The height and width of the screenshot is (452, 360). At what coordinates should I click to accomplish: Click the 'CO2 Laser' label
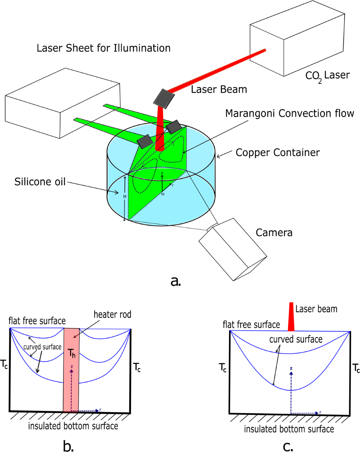pos(327,76)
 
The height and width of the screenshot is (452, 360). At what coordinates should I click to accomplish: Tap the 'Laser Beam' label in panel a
pos(219,89)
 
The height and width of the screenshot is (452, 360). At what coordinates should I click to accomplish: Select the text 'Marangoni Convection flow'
pos(289,114)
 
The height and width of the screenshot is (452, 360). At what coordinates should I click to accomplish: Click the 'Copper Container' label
pos(277,153)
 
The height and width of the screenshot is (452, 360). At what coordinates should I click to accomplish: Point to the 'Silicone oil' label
pos(40,182)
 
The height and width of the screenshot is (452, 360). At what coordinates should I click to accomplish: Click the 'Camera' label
pos(274,233)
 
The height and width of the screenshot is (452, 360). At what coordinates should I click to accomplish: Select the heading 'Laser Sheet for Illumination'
pos(103,48)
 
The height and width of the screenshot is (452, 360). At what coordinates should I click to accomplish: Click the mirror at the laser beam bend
pos(164,98)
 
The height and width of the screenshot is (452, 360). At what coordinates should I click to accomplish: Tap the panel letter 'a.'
pos(175,281)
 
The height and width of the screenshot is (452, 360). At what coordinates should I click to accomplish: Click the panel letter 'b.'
pos(68,446)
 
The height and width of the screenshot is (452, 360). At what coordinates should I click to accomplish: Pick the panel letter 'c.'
pos(288,446)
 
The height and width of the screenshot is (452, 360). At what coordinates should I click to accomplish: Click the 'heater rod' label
pos(112,314)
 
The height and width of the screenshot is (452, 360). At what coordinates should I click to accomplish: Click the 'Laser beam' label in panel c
pos(316,309)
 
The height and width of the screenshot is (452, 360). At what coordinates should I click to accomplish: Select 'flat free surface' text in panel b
pos(37,321)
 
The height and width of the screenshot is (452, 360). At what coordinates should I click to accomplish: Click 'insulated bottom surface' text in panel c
pos(289,429)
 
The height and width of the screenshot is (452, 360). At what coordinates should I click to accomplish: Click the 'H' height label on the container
pos(125,196)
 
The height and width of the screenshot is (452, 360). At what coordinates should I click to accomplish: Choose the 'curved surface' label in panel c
pos(296,339)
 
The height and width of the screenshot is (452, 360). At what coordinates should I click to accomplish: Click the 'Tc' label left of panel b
pos(4,364)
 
